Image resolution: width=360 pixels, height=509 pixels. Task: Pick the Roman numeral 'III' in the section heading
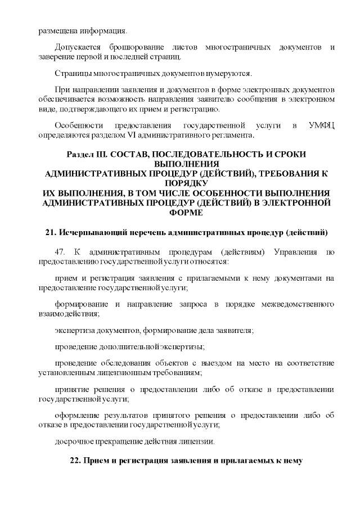tap(101, 154)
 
